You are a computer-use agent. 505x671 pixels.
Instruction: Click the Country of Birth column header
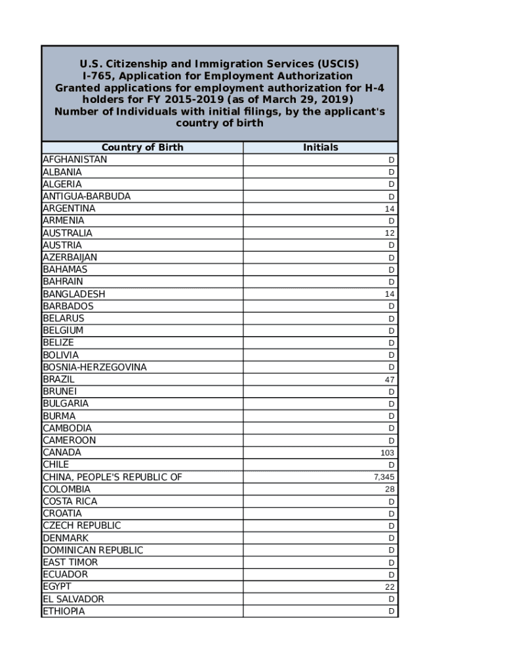[x=142, y=147]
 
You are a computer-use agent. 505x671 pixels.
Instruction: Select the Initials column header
[x=320, y=147]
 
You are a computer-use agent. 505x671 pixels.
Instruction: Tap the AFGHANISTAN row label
[x=75, y=160]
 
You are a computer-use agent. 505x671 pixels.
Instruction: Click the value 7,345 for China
[x=384, y=477]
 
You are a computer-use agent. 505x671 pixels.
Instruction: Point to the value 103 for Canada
[x=388, y=453]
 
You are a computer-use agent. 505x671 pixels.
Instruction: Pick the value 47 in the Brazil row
[x=390, y=379]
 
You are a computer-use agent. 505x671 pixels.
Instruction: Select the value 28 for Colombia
[x=390, y=489]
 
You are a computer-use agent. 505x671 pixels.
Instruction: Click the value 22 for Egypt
[x=390, y=587]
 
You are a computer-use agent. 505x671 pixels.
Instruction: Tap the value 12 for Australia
[x=390, y=233]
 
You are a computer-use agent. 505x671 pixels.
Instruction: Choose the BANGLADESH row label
[x=74, y=294]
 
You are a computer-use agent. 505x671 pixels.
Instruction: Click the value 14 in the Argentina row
[x=390, y=209]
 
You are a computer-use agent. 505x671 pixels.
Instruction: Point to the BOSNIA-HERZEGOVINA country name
[x=94, y=368]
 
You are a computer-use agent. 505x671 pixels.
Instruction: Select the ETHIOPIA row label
[x=64, y=611]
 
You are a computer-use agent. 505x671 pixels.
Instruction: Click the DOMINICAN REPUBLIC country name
[x=92, y=550]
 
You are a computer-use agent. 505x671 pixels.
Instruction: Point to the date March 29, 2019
[x=302, y=100]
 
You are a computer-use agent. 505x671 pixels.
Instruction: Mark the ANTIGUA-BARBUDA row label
[x=87, y=197]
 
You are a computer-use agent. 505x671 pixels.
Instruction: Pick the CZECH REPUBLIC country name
[x=82, y=526]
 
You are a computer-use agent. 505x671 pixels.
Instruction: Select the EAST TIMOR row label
[x=70, y=562]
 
